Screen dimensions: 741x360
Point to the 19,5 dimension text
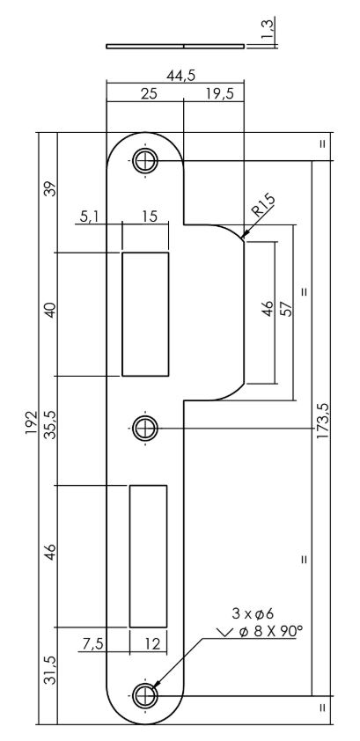click(215, 94)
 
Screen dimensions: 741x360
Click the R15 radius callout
click(261, 210)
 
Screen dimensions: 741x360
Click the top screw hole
click(144, 160)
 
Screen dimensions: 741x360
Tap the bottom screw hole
click(144, 694)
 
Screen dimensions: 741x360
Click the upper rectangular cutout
click(144, 314)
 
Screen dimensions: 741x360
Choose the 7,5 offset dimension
click(92, 643)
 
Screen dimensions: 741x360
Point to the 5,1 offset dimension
click(87, 216)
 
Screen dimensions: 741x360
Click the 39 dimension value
click(50, 190)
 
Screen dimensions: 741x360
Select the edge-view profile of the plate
click(176, 45)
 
